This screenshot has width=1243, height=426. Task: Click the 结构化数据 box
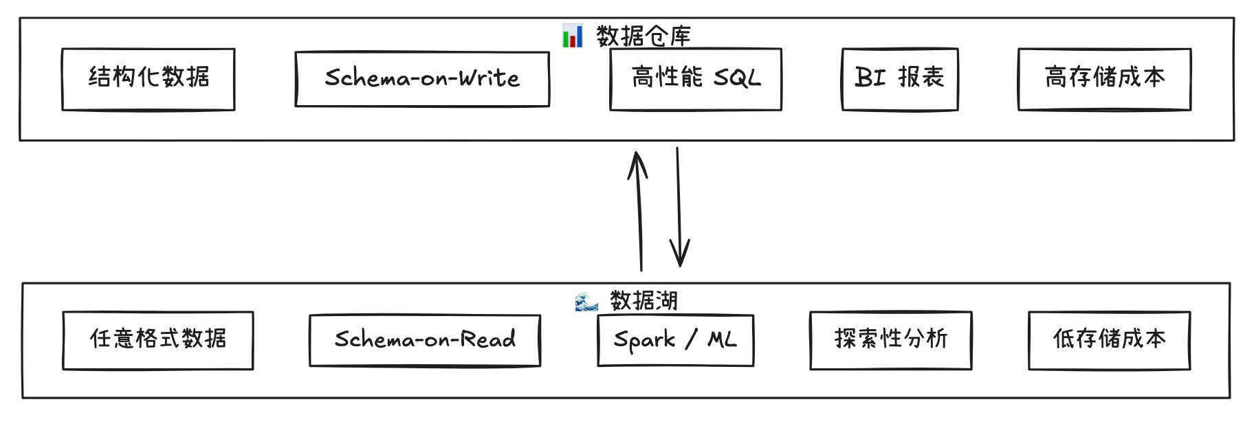pyautogui.click(x=148, y=79)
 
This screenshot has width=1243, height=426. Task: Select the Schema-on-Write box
pyautogui.click(x=422, y=79)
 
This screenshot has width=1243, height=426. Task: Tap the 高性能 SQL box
pyautogui.click(x=696, y=79)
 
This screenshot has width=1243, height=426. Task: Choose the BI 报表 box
pyautogui.click(x=900, y=79)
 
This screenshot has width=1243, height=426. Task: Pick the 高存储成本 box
pyautogui.click(x=1104, y=79)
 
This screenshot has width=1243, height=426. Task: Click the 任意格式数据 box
pyautogui.click(x=158, y=340)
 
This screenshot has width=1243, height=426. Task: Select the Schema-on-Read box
pyautogui.click(x=425, y=340)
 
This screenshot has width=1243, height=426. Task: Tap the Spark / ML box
pyautogui.click(x=676, y=340)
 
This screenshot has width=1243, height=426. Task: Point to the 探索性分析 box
pyautogui.click(x=891, y=340)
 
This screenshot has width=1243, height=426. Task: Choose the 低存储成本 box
pyautogui.click(x=1109, y=340)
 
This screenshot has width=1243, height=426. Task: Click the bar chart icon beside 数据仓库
pyautogui.click(x=572, y=36)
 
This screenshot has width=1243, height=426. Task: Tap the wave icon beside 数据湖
pyautogui.click(x=586, y=302)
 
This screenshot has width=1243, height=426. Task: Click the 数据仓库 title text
pyautogui.click(x=643, y=36)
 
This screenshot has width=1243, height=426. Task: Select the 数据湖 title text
pyautogui.click(x=643, y=301)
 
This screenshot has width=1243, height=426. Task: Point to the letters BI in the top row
pyautogui.click(x=870, y=78)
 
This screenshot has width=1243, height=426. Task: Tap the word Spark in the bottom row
pyautogui.click(x=644, y=340)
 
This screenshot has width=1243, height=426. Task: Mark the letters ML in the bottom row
pyautogui.click(x=722, y=339)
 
